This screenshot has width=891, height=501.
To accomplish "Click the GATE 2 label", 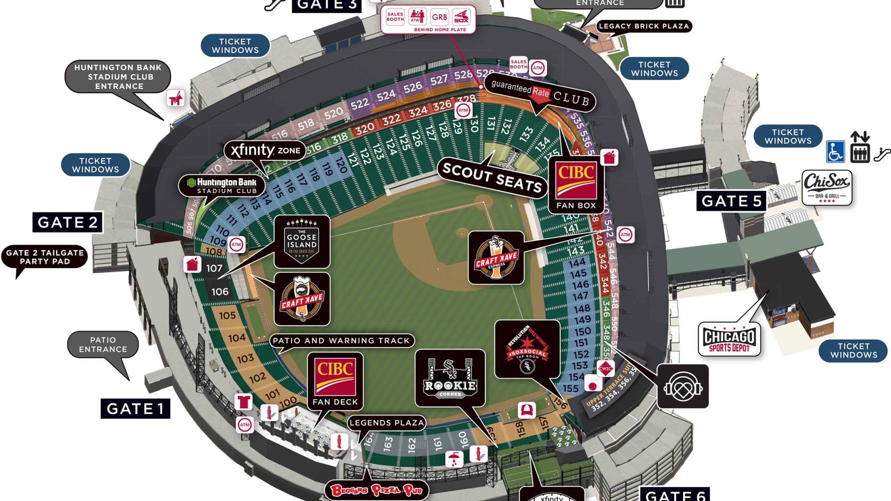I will [x=67, y=222].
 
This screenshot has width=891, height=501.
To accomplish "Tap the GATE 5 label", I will [x=731, y=201].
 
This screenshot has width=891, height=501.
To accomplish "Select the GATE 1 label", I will [x=135, y=409].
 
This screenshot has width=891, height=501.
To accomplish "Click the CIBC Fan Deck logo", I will [x=335, y=380].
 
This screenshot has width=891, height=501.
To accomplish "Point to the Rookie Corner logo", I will [x=450, y=378].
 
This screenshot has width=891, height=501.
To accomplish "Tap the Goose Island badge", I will [x=302, y=241].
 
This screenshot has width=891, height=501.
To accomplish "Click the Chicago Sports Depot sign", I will [x=729, y=339].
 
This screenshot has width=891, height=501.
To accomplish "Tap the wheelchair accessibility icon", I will [x=835, y=152].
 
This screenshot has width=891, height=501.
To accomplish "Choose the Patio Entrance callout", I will [x=103, y=344].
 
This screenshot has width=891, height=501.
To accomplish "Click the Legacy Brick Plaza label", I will [x=644, y=26].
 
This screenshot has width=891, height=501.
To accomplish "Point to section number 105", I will [x=227, y=315].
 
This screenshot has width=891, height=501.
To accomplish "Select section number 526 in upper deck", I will [x=412, y=88].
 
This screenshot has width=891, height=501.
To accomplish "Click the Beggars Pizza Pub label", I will [x=376, y=490].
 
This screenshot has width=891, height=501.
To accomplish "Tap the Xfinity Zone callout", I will [x=265, y=150].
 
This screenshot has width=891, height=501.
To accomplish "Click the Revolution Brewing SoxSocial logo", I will [x=527, y=349].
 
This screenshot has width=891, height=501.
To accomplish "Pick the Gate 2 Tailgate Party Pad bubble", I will [x=45, y=257].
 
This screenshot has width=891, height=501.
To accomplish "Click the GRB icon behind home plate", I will [x=439, y=17].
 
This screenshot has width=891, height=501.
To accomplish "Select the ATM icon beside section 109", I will [x=236, y=244].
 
